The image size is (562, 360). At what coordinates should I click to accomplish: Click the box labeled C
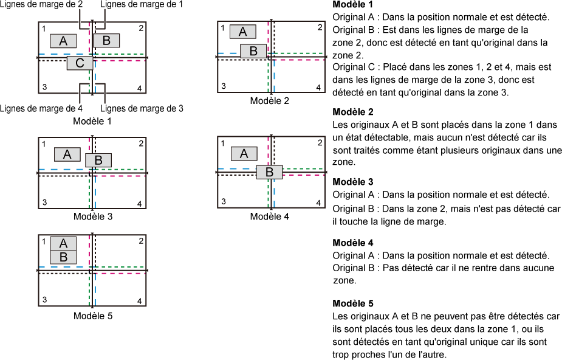(x=80, y=63)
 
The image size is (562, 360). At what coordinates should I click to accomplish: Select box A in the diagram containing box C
(x=63, y=41)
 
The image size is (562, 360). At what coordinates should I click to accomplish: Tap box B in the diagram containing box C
(x=106, y=41)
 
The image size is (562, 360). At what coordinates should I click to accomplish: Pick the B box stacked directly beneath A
(x=63, y=257)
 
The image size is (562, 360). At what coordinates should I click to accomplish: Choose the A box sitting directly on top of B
(x=63, y=243)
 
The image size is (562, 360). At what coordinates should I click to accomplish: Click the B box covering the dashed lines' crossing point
(x=269, y=172)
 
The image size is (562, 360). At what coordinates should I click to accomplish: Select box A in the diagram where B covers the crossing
(x=244, y=153)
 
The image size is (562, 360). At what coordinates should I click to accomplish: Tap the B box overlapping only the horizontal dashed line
(x=253, y=51)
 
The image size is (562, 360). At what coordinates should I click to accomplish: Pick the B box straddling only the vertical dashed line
(x=98, y=161)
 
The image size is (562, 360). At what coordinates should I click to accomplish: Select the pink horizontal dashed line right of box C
(x=122, y=60)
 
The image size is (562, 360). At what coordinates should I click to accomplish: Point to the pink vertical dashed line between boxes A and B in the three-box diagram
(x=89, y=40)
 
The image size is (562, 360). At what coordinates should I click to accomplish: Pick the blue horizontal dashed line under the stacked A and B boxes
(x=61, y=267)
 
